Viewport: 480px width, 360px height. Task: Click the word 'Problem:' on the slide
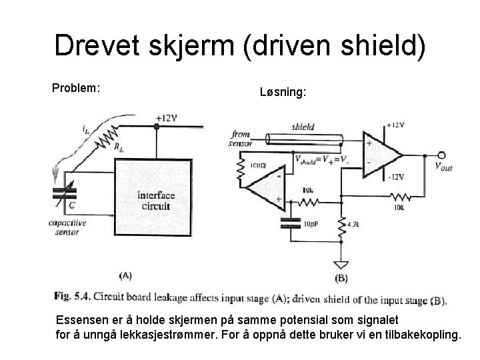coord(76,87)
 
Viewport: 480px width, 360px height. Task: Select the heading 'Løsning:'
coord(283,95)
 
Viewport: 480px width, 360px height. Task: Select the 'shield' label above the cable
coord(303,127)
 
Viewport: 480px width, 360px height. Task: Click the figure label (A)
coord(125,275)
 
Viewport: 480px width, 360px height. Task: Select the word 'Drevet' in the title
coord(99,47)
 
